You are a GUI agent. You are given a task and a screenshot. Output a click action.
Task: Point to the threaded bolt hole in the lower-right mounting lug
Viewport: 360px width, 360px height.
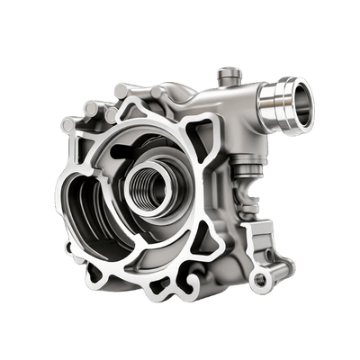[261, 281]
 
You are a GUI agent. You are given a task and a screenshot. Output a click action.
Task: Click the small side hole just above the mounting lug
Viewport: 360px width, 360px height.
[254, 237]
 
